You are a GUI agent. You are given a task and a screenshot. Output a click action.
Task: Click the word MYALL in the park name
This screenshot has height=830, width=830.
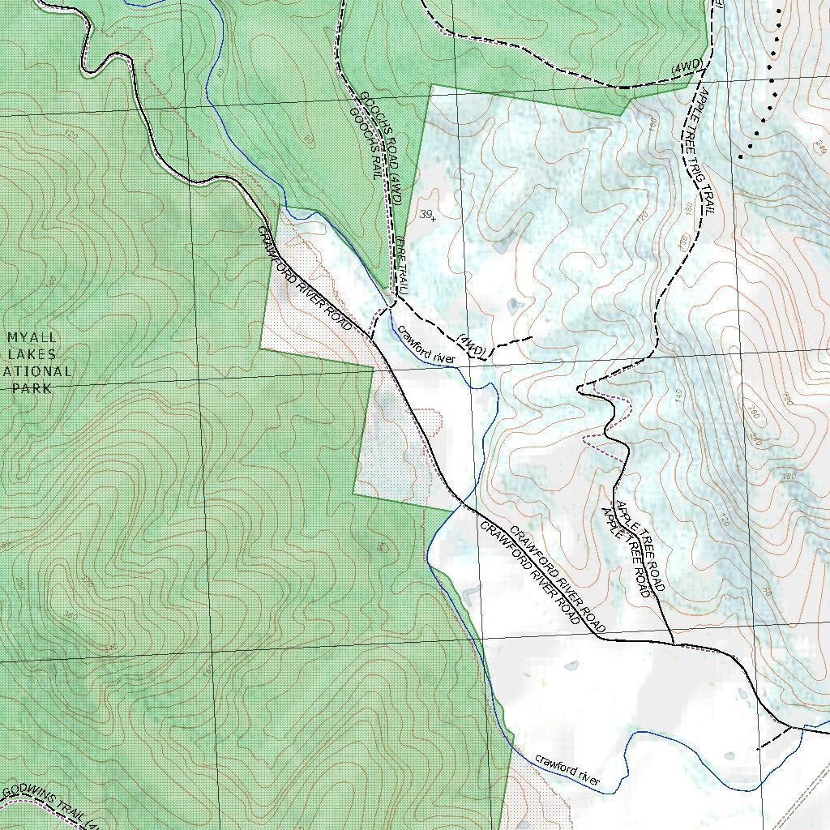pos(32,337)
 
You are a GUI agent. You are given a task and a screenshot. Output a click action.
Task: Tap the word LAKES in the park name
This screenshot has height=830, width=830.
pos(32,354)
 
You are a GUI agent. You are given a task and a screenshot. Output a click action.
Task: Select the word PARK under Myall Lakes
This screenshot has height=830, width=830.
pos(32,388)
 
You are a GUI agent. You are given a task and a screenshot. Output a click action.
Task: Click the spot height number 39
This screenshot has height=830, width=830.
pos(426,214)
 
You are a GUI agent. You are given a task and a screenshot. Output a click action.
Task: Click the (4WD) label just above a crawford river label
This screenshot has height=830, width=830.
pos(471,345)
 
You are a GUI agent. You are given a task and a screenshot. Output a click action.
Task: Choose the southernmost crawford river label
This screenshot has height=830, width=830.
pos(567,770)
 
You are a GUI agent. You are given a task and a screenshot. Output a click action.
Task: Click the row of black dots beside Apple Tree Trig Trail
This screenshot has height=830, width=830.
pos(766,81)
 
